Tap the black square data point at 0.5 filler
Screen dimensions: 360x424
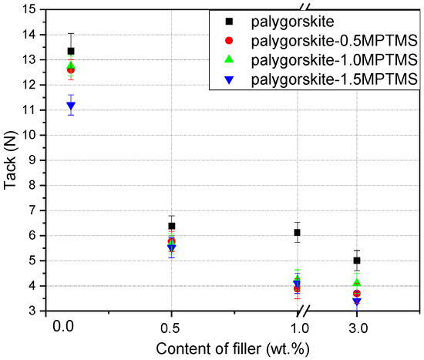pos(172,226)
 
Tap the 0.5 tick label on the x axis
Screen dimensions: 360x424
pos(171,328)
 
